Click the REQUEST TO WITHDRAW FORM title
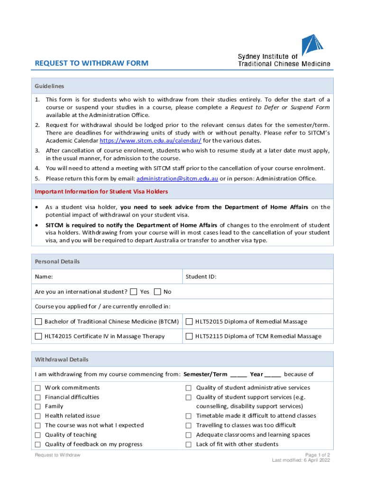click(91, 63)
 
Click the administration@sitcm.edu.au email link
click(177, 179)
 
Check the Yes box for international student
click(134, 291)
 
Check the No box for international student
click(158, 291)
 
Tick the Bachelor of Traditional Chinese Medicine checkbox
click(38, 322)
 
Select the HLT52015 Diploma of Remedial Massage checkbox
click(189, 322)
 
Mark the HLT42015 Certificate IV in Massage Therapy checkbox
click(38, 336)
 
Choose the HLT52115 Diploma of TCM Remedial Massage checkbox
click(189, 336)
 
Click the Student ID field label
click(201, 277)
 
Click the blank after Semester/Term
click(238, 375)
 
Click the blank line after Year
click(273, 375)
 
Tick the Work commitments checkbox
click(37, 388)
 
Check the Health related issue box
click(37, 416)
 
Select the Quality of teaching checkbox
click(37, 435)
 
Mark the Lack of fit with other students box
click(188, 444)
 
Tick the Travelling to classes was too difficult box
click(188, 425)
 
